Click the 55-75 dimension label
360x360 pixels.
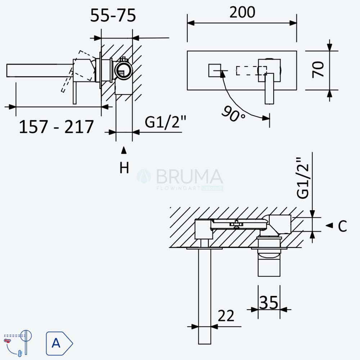click(113, 15)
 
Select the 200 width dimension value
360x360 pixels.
click(242, 12)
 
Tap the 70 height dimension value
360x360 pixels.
click(318, 69)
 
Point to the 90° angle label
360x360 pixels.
click(233, 114)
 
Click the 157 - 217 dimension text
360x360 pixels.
click(56, 127)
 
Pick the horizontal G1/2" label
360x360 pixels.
click(165, 122)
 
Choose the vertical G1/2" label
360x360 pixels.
click(303, 178)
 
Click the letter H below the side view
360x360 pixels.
click(124, 168)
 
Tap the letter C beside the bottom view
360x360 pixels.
click(342, 226)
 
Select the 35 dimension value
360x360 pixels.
click(269, 302)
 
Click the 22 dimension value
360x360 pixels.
click(226, 316)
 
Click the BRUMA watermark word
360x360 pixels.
click(190, 176)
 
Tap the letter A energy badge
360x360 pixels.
click(59, 343)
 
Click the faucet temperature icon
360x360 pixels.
click(18, 343)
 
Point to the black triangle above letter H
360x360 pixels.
click(124, 150)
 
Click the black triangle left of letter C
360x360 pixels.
click(329, 225)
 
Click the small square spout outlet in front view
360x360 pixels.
click(215, 71)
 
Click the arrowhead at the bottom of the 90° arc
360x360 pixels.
click(266, 118)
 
